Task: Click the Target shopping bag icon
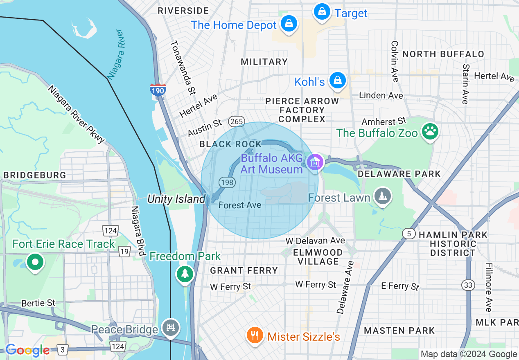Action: [x=323, y=11]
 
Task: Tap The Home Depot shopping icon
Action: [x=289, y=23]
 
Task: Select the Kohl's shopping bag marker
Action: [x=338, y=80]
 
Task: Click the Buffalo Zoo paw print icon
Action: [x=430, y=132]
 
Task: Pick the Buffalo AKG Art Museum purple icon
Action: [x=315, y=162]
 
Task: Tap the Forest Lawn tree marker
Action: [x=383, y=196]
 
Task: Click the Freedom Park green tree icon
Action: [x=185, y=273]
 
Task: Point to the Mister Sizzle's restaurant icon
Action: [x=255, y=335]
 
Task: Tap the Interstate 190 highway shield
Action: [x=158, y=90]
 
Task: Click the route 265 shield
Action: [x=237, y=121]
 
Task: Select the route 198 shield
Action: [x=227, y=182]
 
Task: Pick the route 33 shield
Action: [x=468, y=285]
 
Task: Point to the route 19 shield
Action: [x=125, y=252]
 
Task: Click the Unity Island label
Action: [x=176, y=199]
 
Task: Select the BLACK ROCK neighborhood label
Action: [x=230, y=144]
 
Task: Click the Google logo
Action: [x=27, y=350]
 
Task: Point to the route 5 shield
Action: [x=409, y=234]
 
